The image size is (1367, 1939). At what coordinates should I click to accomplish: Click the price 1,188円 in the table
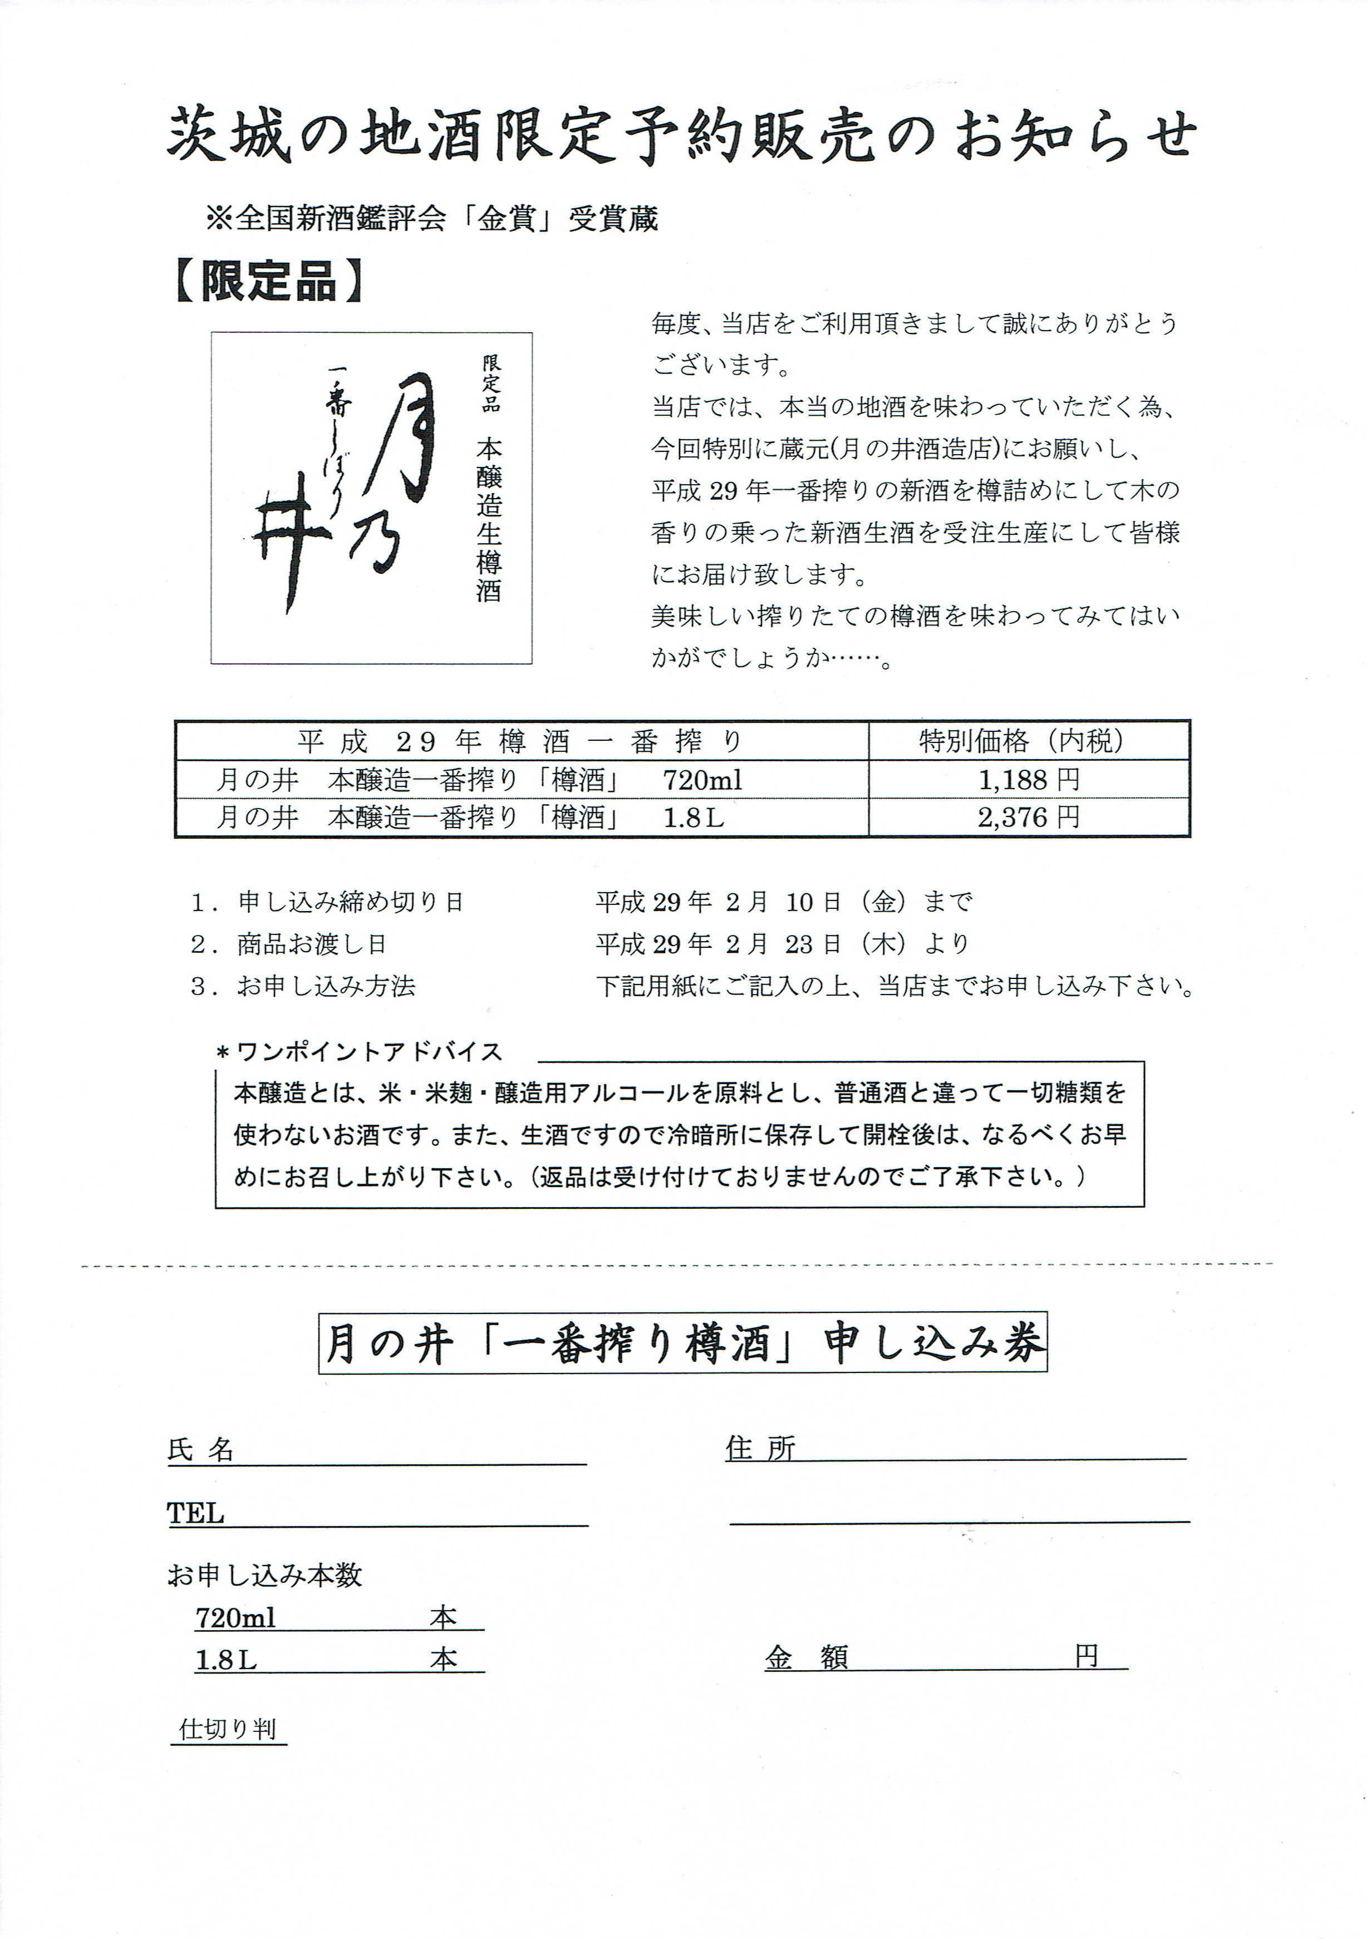pyautogui.click(x=1029, y=779)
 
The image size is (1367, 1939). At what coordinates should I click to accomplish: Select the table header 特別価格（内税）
pyautogui.click(x=1022, y=741)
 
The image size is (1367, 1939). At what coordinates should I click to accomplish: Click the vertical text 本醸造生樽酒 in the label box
pyautogui.click(x=489, y=519)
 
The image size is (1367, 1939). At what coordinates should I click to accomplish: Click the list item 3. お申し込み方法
pyautogui.click(x=304, y=986)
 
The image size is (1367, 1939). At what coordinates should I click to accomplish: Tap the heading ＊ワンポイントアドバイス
pyautogui.click(x=361, y=1051)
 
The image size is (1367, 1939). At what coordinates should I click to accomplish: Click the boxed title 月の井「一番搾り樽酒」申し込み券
pyautogui.click(x=682, y=1343)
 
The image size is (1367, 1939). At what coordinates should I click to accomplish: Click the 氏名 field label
pyautogui.click(x=201, y=1450)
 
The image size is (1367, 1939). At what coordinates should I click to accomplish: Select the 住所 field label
pyautogui.click(x=760, y=1448)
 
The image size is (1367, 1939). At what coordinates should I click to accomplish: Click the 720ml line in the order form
pyautogui.click(x=237, y=1617)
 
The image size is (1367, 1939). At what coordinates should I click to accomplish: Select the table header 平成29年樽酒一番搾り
pyautogui.click(x=520, y=741)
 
